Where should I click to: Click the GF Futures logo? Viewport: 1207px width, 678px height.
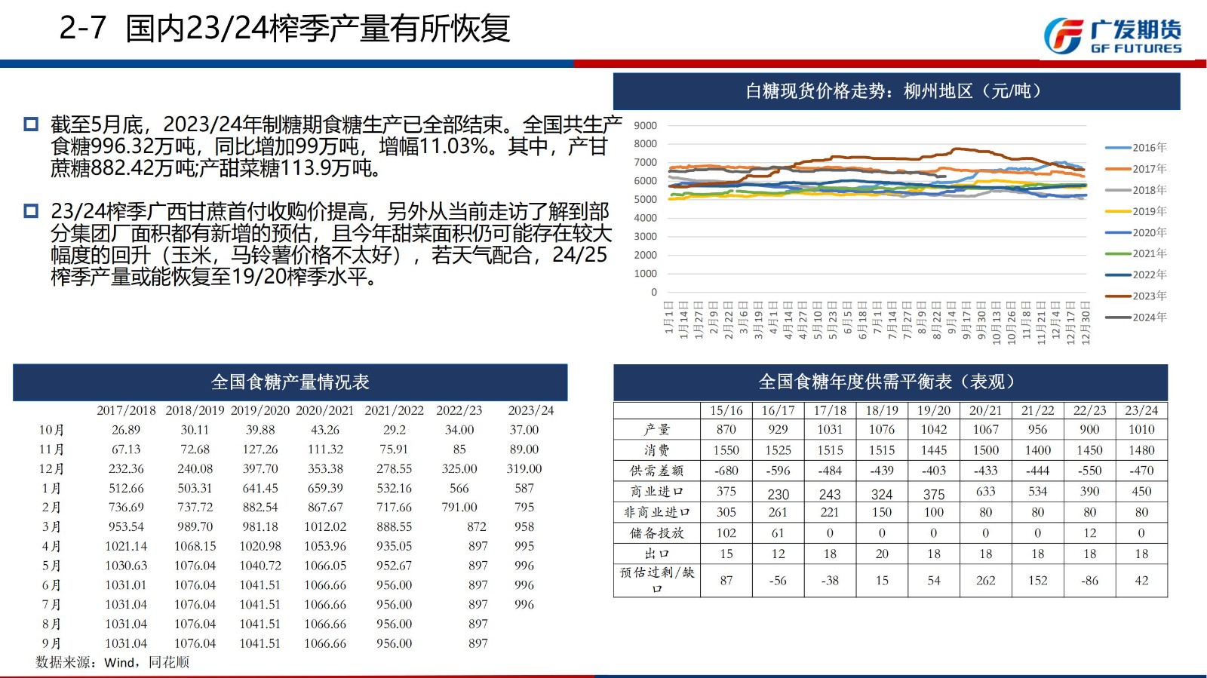click(x=1113, y=35)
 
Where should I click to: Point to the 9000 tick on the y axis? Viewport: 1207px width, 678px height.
click(x=645, y=126)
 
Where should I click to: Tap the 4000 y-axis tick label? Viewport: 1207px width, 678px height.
click(x=645, y=218)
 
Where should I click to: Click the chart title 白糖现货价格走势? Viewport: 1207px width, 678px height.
click(x=895, y=91)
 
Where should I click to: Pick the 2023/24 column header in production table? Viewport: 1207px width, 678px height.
click(x=530, y=410)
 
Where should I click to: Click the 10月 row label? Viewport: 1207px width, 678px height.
click(x=51, y=430)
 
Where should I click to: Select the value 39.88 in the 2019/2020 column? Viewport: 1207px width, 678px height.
click(x=260, y=430)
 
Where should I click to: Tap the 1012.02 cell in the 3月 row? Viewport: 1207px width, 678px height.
click(x=325, y=526)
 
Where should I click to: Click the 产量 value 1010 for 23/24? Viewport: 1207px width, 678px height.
click(x=1141, y=429)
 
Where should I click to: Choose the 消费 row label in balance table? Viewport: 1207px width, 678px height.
click(x=656, y=450)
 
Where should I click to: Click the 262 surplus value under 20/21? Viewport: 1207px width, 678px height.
click(x=985, y=581)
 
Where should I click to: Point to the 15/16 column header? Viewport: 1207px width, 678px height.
click(x=726, y=410)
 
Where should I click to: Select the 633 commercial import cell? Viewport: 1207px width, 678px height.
click(x=985, y=491)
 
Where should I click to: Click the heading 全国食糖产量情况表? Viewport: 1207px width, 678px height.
click(x=290, y=382)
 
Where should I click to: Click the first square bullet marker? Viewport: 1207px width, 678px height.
click(x=31, y=124)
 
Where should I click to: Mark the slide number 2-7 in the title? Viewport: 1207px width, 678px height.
click(x=83, y=29)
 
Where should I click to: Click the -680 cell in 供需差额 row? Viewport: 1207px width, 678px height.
click(x=726, y=471)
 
